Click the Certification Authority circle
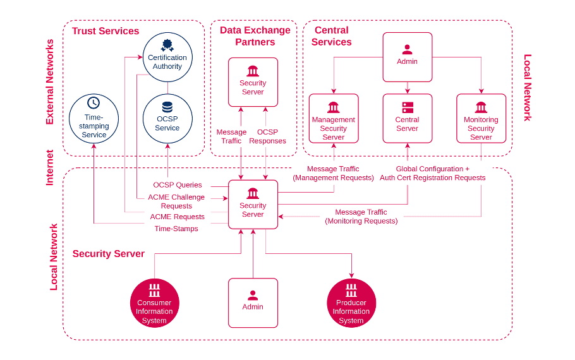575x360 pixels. coord(167,57)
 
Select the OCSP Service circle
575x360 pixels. coord(167,118)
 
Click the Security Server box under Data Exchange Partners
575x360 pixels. coord(253,82)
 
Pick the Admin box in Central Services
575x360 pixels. coord(407,57)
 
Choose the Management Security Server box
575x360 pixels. coord(334,118)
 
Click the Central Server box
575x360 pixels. coord(407,118)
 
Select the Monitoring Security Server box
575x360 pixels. coord(481,118)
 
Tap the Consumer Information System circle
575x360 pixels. coord(154,303)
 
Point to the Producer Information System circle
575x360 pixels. coord(351,303)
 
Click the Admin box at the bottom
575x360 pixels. coord(253,303)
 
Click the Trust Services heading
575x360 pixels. coord(106,31)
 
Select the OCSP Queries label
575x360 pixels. coord(178,185)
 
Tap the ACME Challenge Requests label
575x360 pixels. coord(176,201)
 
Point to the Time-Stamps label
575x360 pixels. coord(176,229)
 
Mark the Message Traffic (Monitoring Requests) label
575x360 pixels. coord(361,217)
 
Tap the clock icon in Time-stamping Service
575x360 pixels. coord(94,102)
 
